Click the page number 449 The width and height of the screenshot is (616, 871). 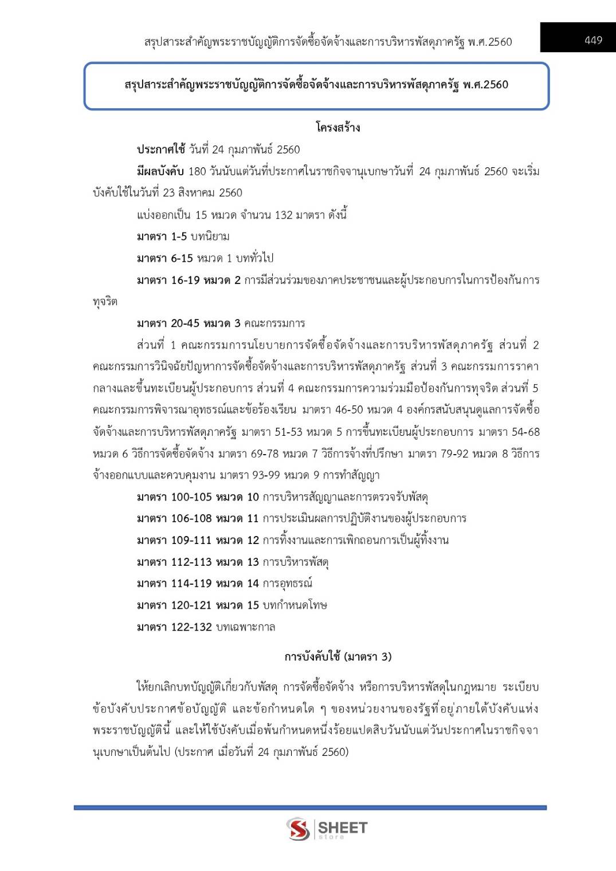tap(593, 40)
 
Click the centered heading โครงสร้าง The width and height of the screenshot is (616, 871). tap(338, 127)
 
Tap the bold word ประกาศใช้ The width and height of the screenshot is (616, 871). tap(160, 149)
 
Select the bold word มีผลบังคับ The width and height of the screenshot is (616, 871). tap(160, 171)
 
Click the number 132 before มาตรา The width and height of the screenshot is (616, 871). tap(284, 215)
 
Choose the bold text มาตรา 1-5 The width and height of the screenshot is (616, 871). tap(162, 237)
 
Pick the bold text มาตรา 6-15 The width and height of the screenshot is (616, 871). tap(164, 258)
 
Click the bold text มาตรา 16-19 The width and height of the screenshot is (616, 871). tap(168, 280)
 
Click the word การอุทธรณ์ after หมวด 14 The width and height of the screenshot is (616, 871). tap(288, 584)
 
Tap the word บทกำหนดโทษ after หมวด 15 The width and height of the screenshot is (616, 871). tap(295, 605)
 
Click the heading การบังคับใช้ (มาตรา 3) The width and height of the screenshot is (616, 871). tap(338, 657)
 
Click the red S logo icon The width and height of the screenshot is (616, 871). tap(298, 829)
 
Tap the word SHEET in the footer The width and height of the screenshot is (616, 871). tap(343, 827)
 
